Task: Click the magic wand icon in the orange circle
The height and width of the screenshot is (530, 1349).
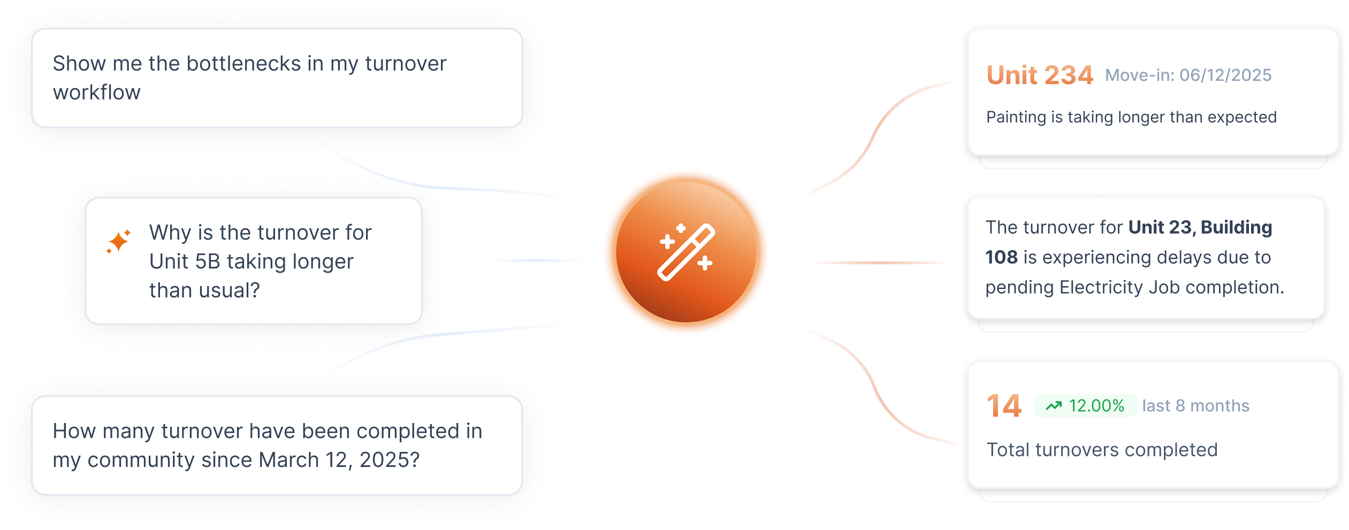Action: [x=686, y=252]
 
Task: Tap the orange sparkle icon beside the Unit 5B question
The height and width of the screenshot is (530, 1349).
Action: [x=118, y=241]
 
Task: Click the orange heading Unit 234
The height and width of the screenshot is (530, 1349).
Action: [x=1040, y=75]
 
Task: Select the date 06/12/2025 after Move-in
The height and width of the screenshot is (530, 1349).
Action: [x=1225, y=75]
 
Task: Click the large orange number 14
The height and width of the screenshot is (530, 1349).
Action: [x=1004, y=406]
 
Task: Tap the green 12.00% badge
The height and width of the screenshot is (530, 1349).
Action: [x=1085, y=406]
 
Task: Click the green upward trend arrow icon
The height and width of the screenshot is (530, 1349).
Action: [x=1054, y=406]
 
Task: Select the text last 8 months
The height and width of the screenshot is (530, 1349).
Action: [x=1195, y=406]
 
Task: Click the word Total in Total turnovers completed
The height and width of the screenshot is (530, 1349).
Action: [x=1009, y=450]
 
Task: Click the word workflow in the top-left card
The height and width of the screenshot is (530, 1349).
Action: [x=97, y=93]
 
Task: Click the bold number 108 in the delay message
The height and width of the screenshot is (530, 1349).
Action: [x=1002, y=257]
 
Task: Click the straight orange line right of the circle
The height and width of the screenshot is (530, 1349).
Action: [x=880, y=263]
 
